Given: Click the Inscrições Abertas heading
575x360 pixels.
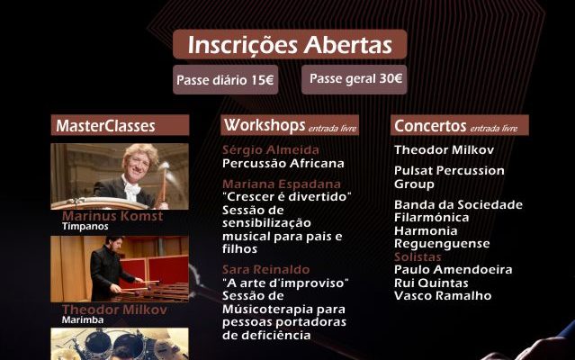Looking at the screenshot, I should (290, 44).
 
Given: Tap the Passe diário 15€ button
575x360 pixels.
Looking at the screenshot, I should (226, 79).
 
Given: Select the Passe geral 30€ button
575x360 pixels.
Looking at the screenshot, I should (355, 78).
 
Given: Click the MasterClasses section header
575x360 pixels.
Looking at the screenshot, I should (105, 126).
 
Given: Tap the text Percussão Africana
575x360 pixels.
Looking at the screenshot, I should (283, 163).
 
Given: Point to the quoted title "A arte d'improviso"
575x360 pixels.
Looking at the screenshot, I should (285, 283).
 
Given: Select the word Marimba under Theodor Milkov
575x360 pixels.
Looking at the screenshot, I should (82, 319).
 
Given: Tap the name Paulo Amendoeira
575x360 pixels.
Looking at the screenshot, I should (454, 270).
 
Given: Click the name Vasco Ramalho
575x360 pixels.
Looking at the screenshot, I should (442, 295).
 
